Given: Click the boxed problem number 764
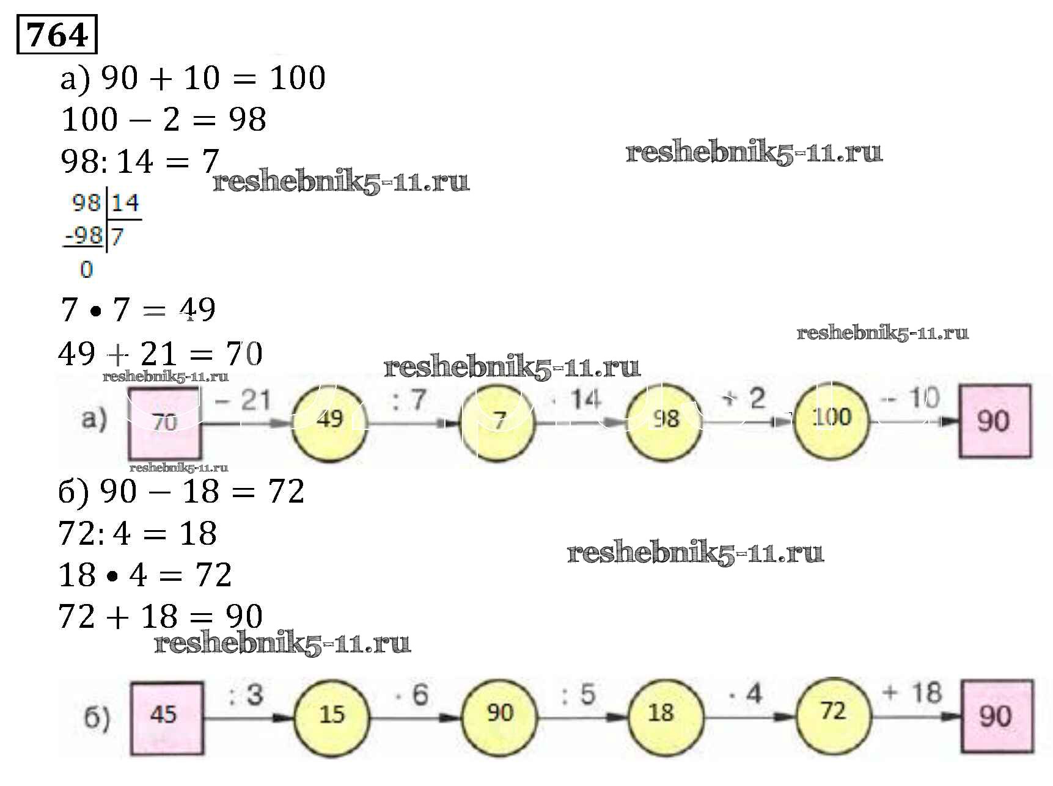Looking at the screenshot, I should tap(57, 35).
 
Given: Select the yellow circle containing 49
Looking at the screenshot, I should tap(329, 420).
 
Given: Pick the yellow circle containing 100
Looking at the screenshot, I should tap(831, 418).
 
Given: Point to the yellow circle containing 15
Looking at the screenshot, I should tap(332, 715).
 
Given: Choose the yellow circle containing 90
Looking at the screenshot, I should tap(499, 714).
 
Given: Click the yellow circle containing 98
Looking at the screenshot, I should tap(665, 420).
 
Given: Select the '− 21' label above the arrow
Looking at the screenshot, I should tap(243, 400).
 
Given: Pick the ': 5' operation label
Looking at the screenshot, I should tap(578, 695).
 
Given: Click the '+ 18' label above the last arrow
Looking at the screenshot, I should tap(912, 693).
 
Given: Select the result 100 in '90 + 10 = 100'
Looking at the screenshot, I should tap(298, 78).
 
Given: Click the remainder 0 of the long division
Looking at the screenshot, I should tap(87, 269).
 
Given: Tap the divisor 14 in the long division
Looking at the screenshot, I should tap(125, 203).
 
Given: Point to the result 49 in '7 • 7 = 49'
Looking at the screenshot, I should tap(197, 310).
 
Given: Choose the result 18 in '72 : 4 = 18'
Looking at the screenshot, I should tap(198, 533).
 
